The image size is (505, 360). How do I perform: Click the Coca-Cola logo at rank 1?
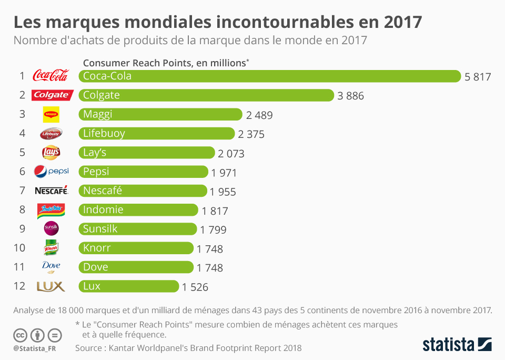pyautogui.click(x=50, y=76)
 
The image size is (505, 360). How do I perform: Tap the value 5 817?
pyautogui.click(x=477, y=77)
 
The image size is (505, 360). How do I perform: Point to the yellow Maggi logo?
pyautogui.click(x=51, y=114)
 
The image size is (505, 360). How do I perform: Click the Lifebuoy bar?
pyautogui.click(x=156, y=133)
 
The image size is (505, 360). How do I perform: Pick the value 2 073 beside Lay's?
pyautogui.click(x=231, y=154)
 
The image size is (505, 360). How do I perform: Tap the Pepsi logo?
pyautogui.click(x=51, y=172)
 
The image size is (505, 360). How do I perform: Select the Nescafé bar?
pyautogui.click(x=143, y=191)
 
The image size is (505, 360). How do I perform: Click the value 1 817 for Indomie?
pyautogui.click(x=215, y=211)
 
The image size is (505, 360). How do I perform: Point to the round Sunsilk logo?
pyautogui.click(x=51, y=228)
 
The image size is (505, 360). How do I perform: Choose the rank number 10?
pyautogui.click(x=19, y=248)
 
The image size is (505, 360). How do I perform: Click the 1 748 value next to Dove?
pyautogui.click(x=210, y=268)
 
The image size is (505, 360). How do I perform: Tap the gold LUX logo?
pyautogui.click(x=50, y=286)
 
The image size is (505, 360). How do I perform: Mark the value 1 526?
pyautogui.click(x=195, y=287)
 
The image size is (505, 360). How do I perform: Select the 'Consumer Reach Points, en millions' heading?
pyautogui.click(x=165, y=63)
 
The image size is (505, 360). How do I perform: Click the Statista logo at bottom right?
pyautogui.click(x=457, y=345)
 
